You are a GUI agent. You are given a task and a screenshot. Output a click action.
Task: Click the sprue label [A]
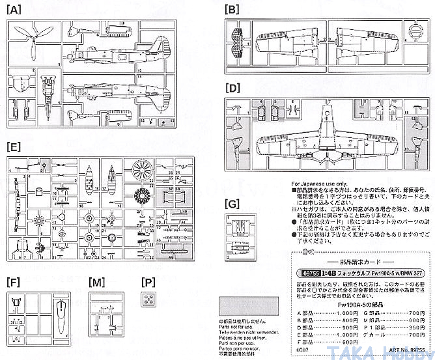[14, 10]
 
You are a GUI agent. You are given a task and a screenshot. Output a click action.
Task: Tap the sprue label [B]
[231, 10]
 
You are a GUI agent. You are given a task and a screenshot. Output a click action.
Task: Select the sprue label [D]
[231, 87]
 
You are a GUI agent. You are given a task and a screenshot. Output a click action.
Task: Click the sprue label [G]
[231, 204]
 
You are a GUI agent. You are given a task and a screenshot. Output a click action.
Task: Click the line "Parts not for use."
[239, 327]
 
